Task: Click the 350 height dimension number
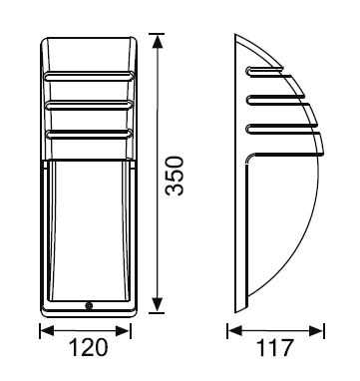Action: (175, 177)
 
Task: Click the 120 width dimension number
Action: (89, 347)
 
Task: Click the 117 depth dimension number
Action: (275, 348)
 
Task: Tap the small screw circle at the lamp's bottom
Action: (89, 305)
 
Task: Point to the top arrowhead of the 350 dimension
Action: (158, 41)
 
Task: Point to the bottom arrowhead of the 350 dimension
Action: (158, 305)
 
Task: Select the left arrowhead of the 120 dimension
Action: (47, 331)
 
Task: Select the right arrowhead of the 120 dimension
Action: (123, 331)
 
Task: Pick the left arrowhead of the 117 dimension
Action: (234, 331)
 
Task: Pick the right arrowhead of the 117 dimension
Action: (316, 331)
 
